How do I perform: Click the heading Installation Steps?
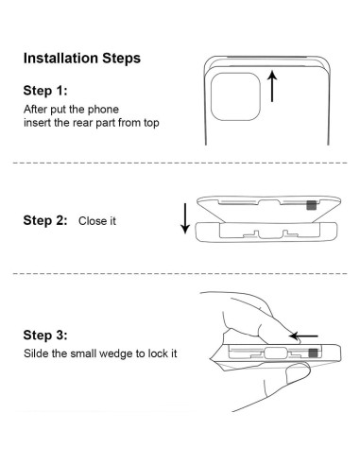[82, 59]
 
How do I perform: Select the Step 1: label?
[45, 91]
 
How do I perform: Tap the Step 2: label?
[45, 220]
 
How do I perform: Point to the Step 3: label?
[45, 335]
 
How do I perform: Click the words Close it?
[97, 221]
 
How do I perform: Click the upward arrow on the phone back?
[272, 86]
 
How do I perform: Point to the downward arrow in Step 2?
[185, 218]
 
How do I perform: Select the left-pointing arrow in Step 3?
[303, 336]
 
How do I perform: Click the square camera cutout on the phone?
[235, 96]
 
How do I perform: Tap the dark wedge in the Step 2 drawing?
[312, 205]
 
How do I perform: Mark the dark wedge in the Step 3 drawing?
[313, 353]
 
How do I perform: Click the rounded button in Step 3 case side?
[276, 353]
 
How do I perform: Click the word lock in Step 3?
[158, 353]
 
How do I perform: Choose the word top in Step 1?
[151, 123]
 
